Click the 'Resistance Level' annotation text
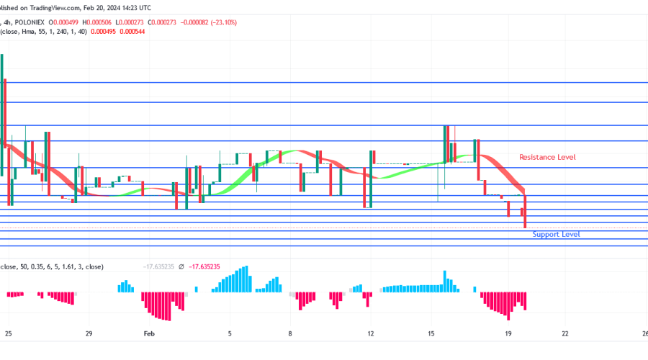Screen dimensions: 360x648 [547, 157]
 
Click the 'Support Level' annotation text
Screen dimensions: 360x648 [556, 234]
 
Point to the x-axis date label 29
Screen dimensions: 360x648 [89, 333]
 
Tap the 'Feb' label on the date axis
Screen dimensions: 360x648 [149, 333]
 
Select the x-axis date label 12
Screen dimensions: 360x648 [370, 333]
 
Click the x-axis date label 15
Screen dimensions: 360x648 [431, 333]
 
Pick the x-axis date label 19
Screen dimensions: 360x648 [508, 333]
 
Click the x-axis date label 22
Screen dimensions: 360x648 [565, 333]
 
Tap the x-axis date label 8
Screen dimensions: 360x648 [289, 333]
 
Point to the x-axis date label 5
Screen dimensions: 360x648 [230, 333]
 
